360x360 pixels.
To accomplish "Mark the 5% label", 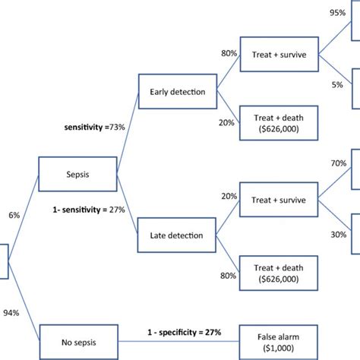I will coord(338,85).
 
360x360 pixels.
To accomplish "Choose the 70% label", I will coord(338,163).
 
